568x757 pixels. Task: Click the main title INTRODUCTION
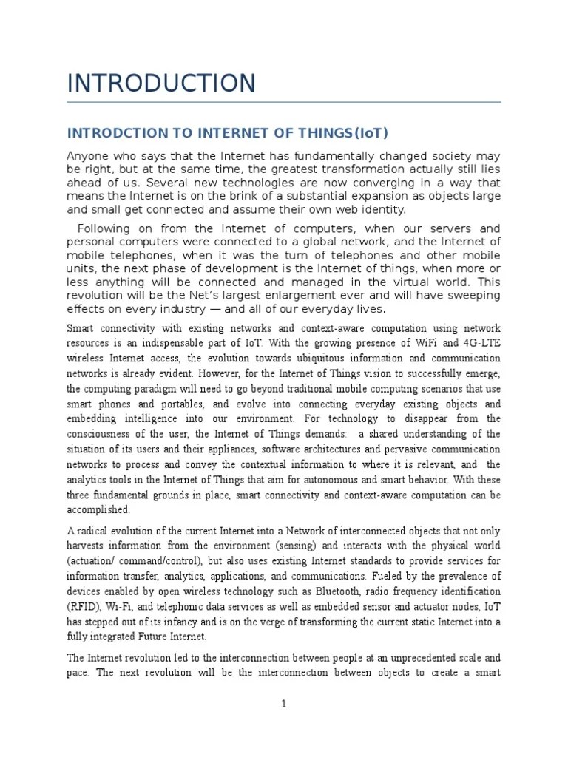coord(161,83)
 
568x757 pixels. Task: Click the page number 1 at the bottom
coord(283,705)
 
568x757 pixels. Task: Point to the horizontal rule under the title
coord(284,101)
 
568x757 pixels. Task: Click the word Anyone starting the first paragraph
coord(87,156)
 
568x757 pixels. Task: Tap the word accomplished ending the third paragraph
coord(98,509)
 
